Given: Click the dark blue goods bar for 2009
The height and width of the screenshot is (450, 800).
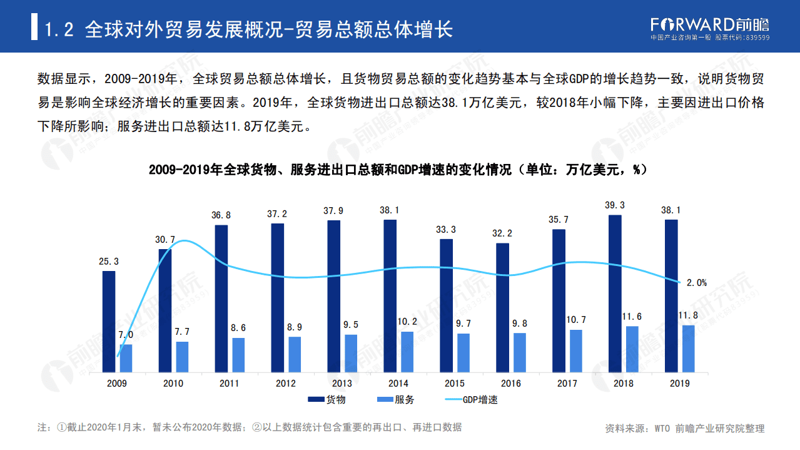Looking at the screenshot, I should coord(109,322).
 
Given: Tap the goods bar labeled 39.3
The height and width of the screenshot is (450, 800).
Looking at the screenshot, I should coord(615,294).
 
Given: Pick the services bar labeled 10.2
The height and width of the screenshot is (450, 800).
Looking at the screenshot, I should coord(407,352).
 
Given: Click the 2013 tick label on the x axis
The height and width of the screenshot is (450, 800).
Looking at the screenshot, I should coord(342,383).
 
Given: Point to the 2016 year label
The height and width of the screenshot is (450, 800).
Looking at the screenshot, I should coord(510,383).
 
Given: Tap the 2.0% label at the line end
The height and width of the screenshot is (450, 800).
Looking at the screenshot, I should coord(696,282).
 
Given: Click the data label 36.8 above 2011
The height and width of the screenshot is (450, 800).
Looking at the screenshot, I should coord(221,215).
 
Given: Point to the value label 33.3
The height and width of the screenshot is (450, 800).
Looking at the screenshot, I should coord(446,230).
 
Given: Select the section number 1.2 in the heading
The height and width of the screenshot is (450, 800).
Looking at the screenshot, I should coord(59,29).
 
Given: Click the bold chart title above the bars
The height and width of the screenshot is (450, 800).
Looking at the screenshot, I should coord(398,170).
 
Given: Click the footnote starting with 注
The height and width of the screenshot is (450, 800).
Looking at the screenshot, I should coord(250,427).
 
